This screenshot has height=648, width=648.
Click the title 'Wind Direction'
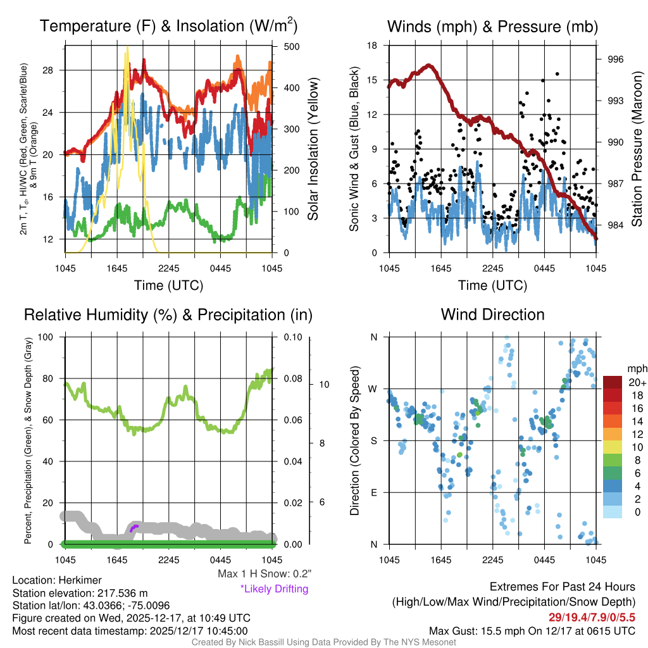(x=492, y=315)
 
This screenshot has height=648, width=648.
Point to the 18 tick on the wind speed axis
(x=372, y=46)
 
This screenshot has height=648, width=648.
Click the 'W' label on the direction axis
(x=373, y=389)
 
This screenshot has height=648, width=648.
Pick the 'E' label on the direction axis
(x=374, y=492)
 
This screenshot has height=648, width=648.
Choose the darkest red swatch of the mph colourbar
(x=613, y=382)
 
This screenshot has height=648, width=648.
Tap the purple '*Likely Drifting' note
(x=274, y=589)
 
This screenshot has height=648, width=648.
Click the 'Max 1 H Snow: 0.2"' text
(x=265, y=574)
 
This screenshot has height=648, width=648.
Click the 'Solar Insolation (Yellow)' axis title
(x=313, y=149)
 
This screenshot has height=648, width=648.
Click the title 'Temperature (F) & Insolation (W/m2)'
(x=168, y=26)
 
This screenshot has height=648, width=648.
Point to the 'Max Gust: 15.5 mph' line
(x=532, y=630)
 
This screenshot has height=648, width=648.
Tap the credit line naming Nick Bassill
(x=323, y=642)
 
